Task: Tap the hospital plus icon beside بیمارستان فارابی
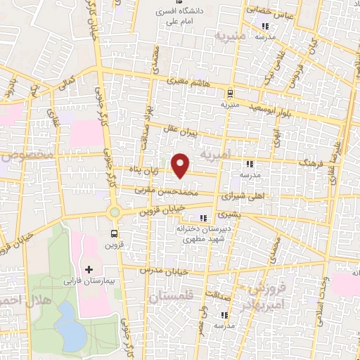click(89, 269)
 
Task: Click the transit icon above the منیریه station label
click(229, 94)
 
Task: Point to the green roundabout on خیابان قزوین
click(114, 212)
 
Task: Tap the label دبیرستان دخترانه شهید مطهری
click(202, 235)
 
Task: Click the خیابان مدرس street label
click(160, 271)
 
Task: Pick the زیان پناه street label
click(152, 169)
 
